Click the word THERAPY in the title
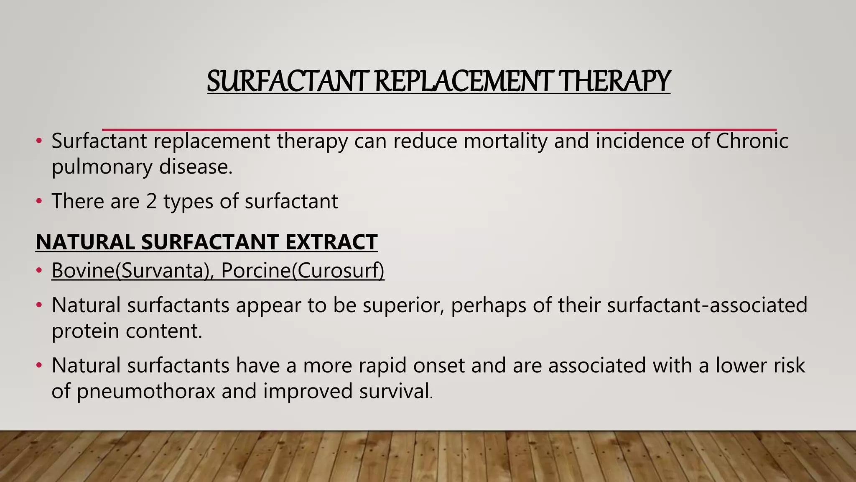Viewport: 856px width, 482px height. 614,81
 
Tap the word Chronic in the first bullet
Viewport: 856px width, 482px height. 752,141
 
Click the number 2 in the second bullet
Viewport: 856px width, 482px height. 151,201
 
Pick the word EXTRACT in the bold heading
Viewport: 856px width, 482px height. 331,242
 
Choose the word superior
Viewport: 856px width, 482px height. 403,305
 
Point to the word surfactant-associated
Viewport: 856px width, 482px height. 707,305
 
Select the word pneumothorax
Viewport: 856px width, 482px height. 146,391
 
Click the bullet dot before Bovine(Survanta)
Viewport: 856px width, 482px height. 39,271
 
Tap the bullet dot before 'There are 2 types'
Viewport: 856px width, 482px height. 39,202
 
